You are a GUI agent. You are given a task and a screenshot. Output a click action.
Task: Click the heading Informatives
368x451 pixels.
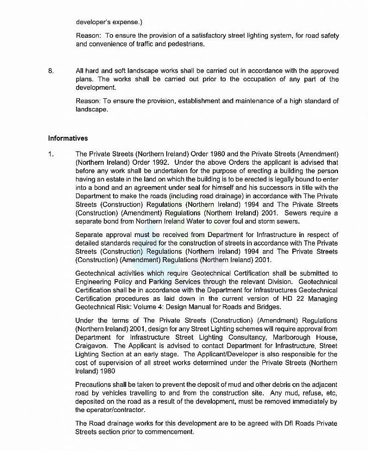(68, 138)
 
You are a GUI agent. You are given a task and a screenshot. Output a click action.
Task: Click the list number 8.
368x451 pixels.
(51, 71)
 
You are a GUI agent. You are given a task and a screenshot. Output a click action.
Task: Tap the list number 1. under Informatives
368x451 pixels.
(51, 154)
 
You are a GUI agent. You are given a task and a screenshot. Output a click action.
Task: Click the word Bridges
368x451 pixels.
(268, 307)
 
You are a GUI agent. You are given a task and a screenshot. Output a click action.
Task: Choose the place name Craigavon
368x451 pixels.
(92, 346)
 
